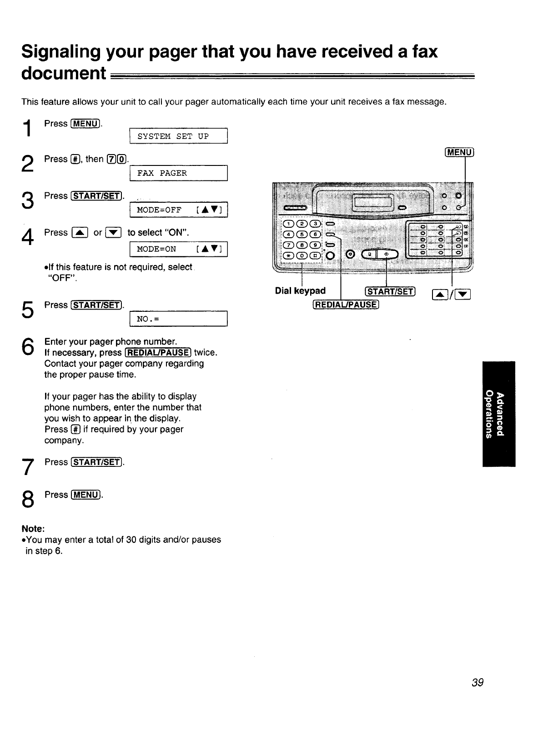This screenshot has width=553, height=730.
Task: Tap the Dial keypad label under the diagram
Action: (x=300, y=291)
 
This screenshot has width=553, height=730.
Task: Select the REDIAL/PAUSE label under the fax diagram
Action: (x=345, y=305)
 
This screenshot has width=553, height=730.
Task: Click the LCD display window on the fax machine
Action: (x=373, y=200)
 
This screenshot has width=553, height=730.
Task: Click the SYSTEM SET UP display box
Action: (x=178, y=136)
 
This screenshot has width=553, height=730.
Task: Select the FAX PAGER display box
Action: (x=178, y=173)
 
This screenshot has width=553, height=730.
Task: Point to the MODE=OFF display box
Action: (x=178, y=210)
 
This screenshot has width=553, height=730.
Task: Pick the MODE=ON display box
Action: (x=178, y=249)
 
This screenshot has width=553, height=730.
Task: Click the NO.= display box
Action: (x=178, y=319)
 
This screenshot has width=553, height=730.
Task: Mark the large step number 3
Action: (x=28, y=201)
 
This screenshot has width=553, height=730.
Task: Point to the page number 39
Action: (x=478, y=682)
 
